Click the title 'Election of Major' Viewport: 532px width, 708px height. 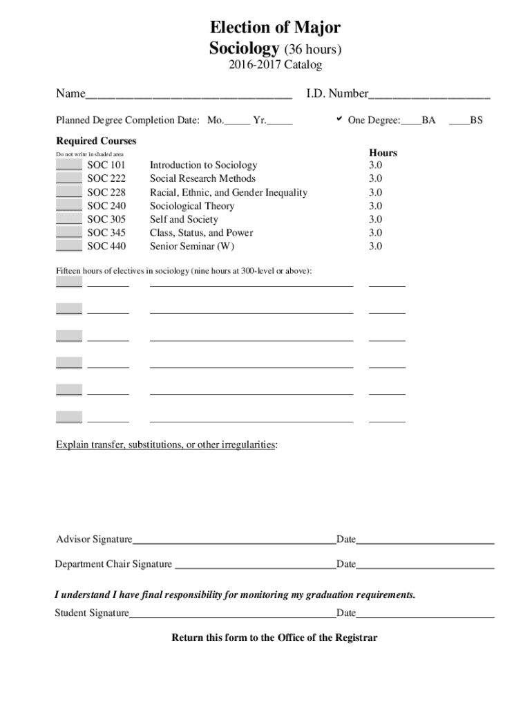(275, 28)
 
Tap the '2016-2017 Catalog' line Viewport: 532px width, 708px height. (275, 65)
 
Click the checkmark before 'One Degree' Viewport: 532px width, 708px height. (339, 120)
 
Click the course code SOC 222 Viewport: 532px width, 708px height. (106, 178)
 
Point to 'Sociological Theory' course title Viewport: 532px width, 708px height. (192, 205)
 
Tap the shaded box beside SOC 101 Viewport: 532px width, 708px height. (69, 165)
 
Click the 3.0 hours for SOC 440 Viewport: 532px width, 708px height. (375, 246)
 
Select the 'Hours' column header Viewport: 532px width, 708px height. (383, 153)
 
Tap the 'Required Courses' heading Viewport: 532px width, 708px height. (96, 141)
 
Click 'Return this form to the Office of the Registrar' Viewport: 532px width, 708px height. (274, 637)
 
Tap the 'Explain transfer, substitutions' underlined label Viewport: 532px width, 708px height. (167, 445)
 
